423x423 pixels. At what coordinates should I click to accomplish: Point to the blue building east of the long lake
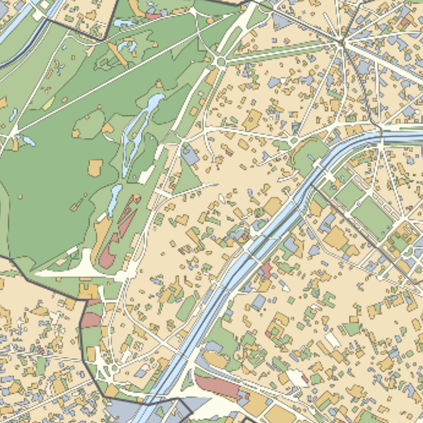190,156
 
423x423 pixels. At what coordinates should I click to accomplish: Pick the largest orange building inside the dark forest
95,167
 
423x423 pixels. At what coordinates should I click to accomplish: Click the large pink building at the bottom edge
217,386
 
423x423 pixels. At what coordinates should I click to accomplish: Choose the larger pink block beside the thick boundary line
91,320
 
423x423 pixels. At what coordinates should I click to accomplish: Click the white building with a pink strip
298,377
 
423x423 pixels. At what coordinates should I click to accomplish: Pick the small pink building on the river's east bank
266,270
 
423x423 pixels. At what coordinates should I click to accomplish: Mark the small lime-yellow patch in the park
48,103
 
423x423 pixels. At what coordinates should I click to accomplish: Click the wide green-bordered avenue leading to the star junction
283,52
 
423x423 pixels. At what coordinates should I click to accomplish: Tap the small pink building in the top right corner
405,22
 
